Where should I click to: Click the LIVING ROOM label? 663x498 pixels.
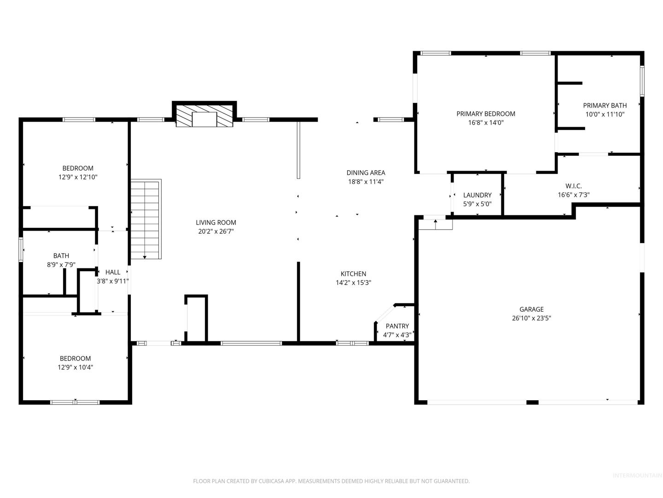215,223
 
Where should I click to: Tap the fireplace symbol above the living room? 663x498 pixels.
204,116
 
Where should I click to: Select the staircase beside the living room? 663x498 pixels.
146,219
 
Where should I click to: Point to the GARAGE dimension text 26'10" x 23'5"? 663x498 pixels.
531,318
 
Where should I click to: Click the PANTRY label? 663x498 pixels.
397,326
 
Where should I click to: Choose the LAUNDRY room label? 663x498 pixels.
477,195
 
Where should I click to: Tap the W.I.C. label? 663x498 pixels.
574,186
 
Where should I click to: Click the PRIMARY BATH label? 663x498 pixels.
605,106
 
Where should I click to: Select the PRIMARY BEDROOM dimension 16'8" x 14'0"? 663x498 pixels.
486,123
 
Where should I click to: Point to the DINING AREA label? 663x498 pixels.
366,172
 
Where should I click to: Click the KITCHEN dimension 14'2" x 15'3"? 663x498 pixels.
354,283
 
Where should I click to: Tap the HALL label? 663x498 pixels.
113,272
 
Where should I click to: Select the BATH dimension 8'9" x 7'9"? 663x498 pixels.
61,265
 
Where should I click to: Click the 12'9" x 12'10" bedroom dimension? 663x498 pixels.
78,177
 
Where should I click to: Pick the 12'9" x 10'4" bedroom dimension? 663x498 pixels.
75,368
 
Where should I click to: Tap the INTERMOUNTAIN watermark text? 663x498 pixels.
637,475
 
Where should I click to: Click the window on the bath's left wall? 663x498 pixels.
21,249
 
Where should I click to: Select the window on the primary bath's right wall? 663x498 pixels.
642,81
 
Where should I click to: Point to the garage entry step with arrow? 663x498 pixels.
435,225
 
